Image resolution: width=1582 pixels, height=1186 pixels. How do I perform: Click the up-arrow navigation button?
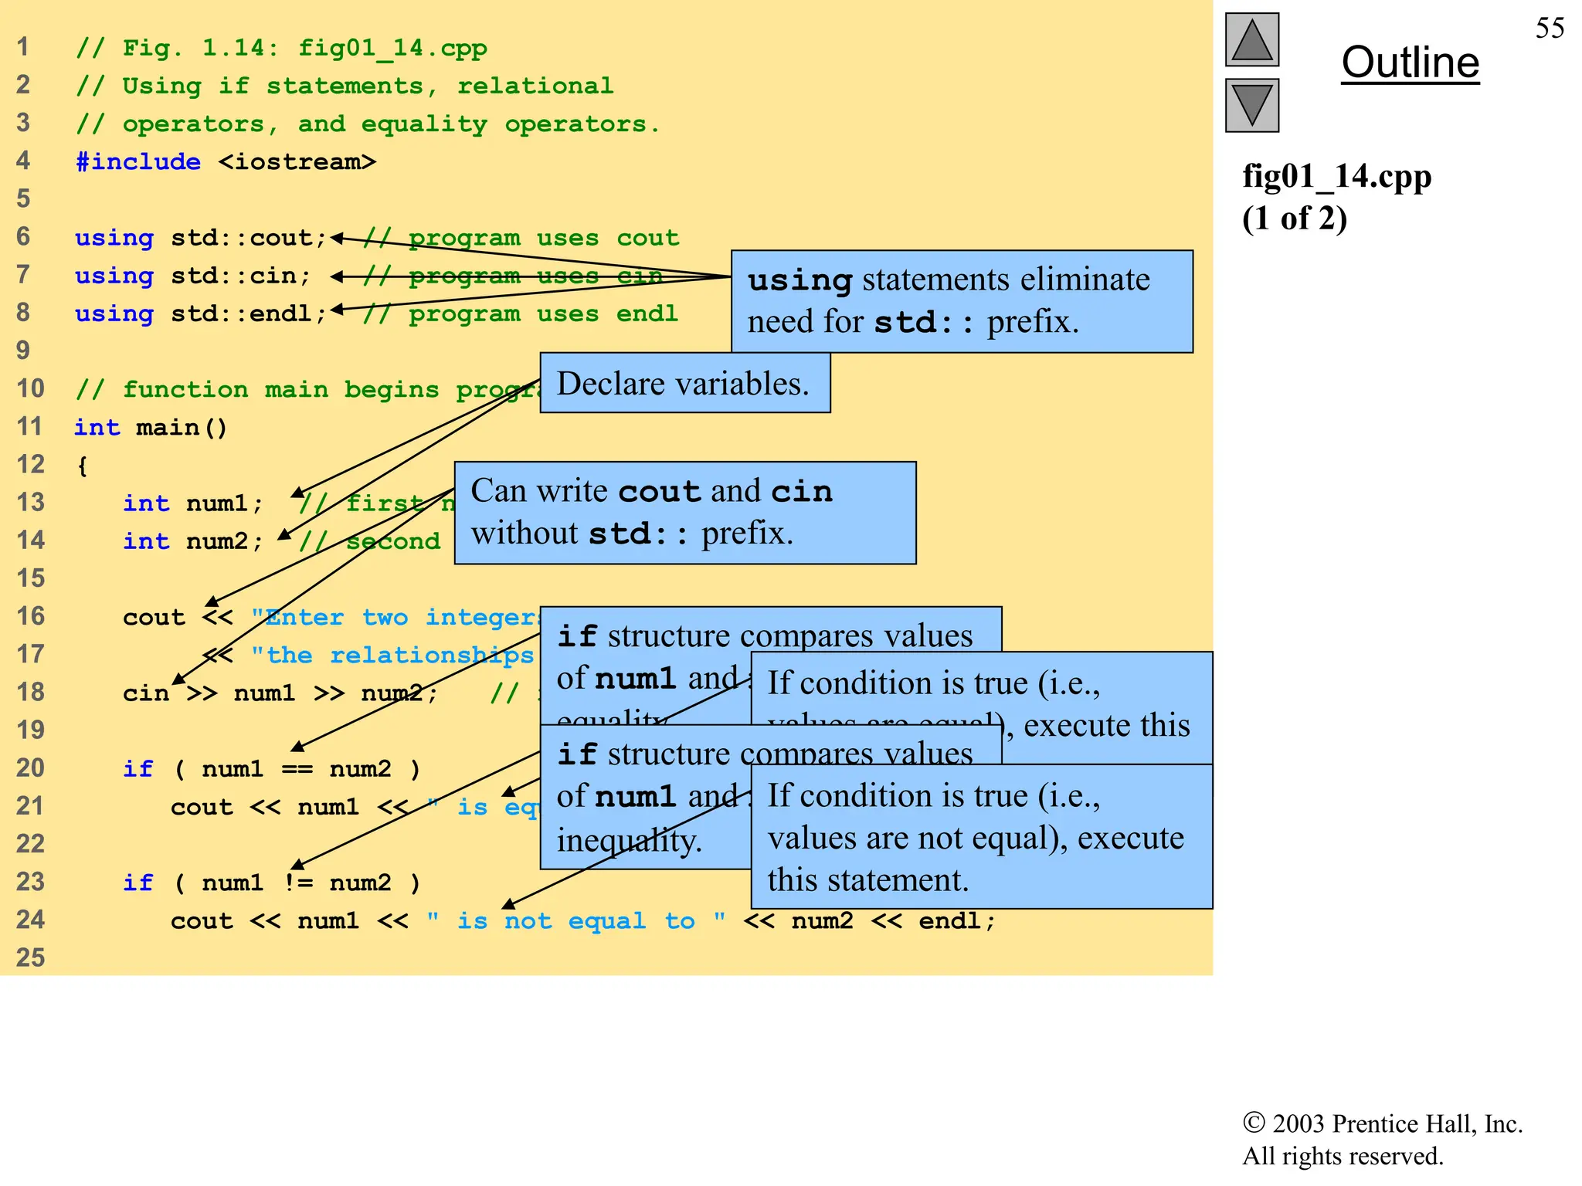click(x=1251, y=39)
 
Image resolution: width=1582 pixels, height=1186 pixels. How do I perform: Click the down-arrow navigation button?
click(x=1251, y=105)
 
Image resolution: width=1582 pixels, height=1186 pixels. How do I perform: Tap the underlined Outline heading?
click(x=1410, y=63)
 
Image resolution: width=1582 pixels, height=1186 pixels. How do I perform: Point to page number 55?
click(x=1550, y=29)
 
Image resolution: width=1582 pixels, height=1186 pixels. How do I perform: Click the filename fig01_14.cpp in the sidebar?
click(x=1336, y=177)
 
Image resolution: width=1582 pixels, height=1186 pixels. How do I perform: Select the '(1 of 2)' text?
click(x=1295, y=219)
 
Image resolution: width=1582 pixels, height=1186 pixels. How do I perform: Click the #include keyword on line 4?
click(x=138, y=161)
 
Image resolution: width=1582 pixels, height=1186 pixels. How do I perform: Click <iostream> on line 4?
click(x=297, y=161)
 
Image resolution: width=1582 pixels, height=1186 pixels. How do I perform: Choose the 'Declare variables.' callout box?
click(x=684, y=383)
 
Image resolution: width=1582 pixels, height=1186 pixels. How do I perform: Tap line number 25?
click(x=31, y=957)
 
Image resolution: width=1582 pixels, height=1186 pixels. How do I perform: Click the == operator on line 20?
click(x=297, y=769)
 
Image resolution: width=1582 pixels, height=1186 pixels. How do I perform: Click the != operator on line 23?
click(x=298, y=883)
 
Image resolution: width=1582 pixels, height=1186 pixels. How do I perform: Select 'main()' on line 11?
click(x=182, y=427)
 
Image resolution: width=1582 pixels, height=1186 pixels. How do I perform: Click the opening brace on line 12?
click(x=82, y=466)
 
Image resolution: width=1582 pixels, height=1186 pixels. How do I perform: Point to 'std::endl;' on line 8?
click(x=249, y=313)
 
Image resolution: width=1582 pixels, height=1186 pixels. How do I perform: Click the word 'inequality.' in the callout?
click(x=630, y=840)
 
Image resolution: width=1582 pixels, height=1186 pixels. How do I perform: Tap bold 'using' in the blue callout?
click(x=799, y=280)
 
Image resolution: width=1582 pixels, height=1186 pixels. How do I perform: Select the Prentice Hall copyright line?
click(x=1382, y=1123)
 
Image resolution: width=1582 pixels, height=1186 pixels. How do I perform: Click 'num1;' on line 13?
click(x=225, y=503)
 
